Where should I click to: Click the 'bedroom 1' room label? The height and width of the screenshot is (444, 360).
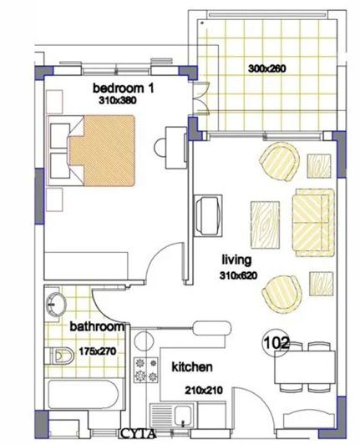pos(123,88)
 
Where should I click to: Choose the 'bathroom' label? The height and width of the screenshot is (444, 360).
pos(97,326)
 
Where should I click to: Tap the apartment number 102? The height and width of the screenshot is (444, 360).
pos(276,341)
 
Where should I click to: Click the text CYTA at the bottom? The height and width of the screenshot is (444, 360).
pos(137,434)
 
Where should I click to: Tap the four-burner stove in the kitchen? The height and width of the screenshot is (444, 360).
pos(147,370)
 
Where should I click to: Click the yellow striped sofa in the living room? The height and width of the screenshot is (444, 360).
pos(312,218)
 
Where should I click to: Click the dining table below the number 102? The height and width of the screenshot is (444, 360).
pos(305,368)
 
